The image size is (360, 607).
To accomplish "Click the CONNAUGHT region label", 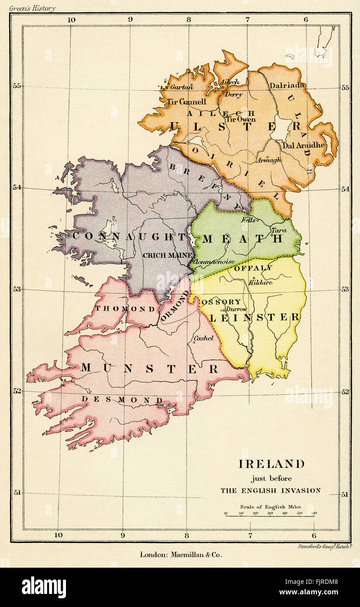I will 129,237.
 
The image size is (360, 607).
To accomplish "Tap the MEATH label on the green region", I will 243,238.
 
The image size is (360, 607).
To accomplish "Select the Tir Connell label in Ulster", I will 186,102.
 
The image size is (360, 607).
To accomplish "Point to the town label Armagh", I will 269,160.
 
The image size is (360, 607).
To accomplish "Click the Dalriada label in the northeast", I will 287,86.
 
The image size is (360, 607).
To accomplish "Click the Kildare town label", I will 260,283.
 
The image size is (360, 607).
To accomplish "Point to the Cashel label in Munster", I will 204,338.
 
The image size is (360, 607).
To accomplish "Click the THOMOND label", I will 125,309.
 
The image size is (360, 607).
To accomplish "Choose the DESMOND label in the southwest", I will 122,400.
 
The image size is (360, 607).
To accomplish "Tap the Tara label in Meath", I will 279,230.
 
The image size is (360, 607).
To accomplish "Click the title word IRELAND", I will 270,464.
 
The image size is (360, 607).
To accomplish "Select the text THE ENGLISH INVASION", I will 270,490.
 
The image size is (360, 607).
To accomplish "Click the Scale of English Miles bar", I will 270,516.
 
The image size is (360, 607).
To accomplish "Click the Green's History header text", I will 32,8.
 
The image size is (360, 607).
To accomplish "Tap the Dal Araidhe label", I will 303,145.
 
